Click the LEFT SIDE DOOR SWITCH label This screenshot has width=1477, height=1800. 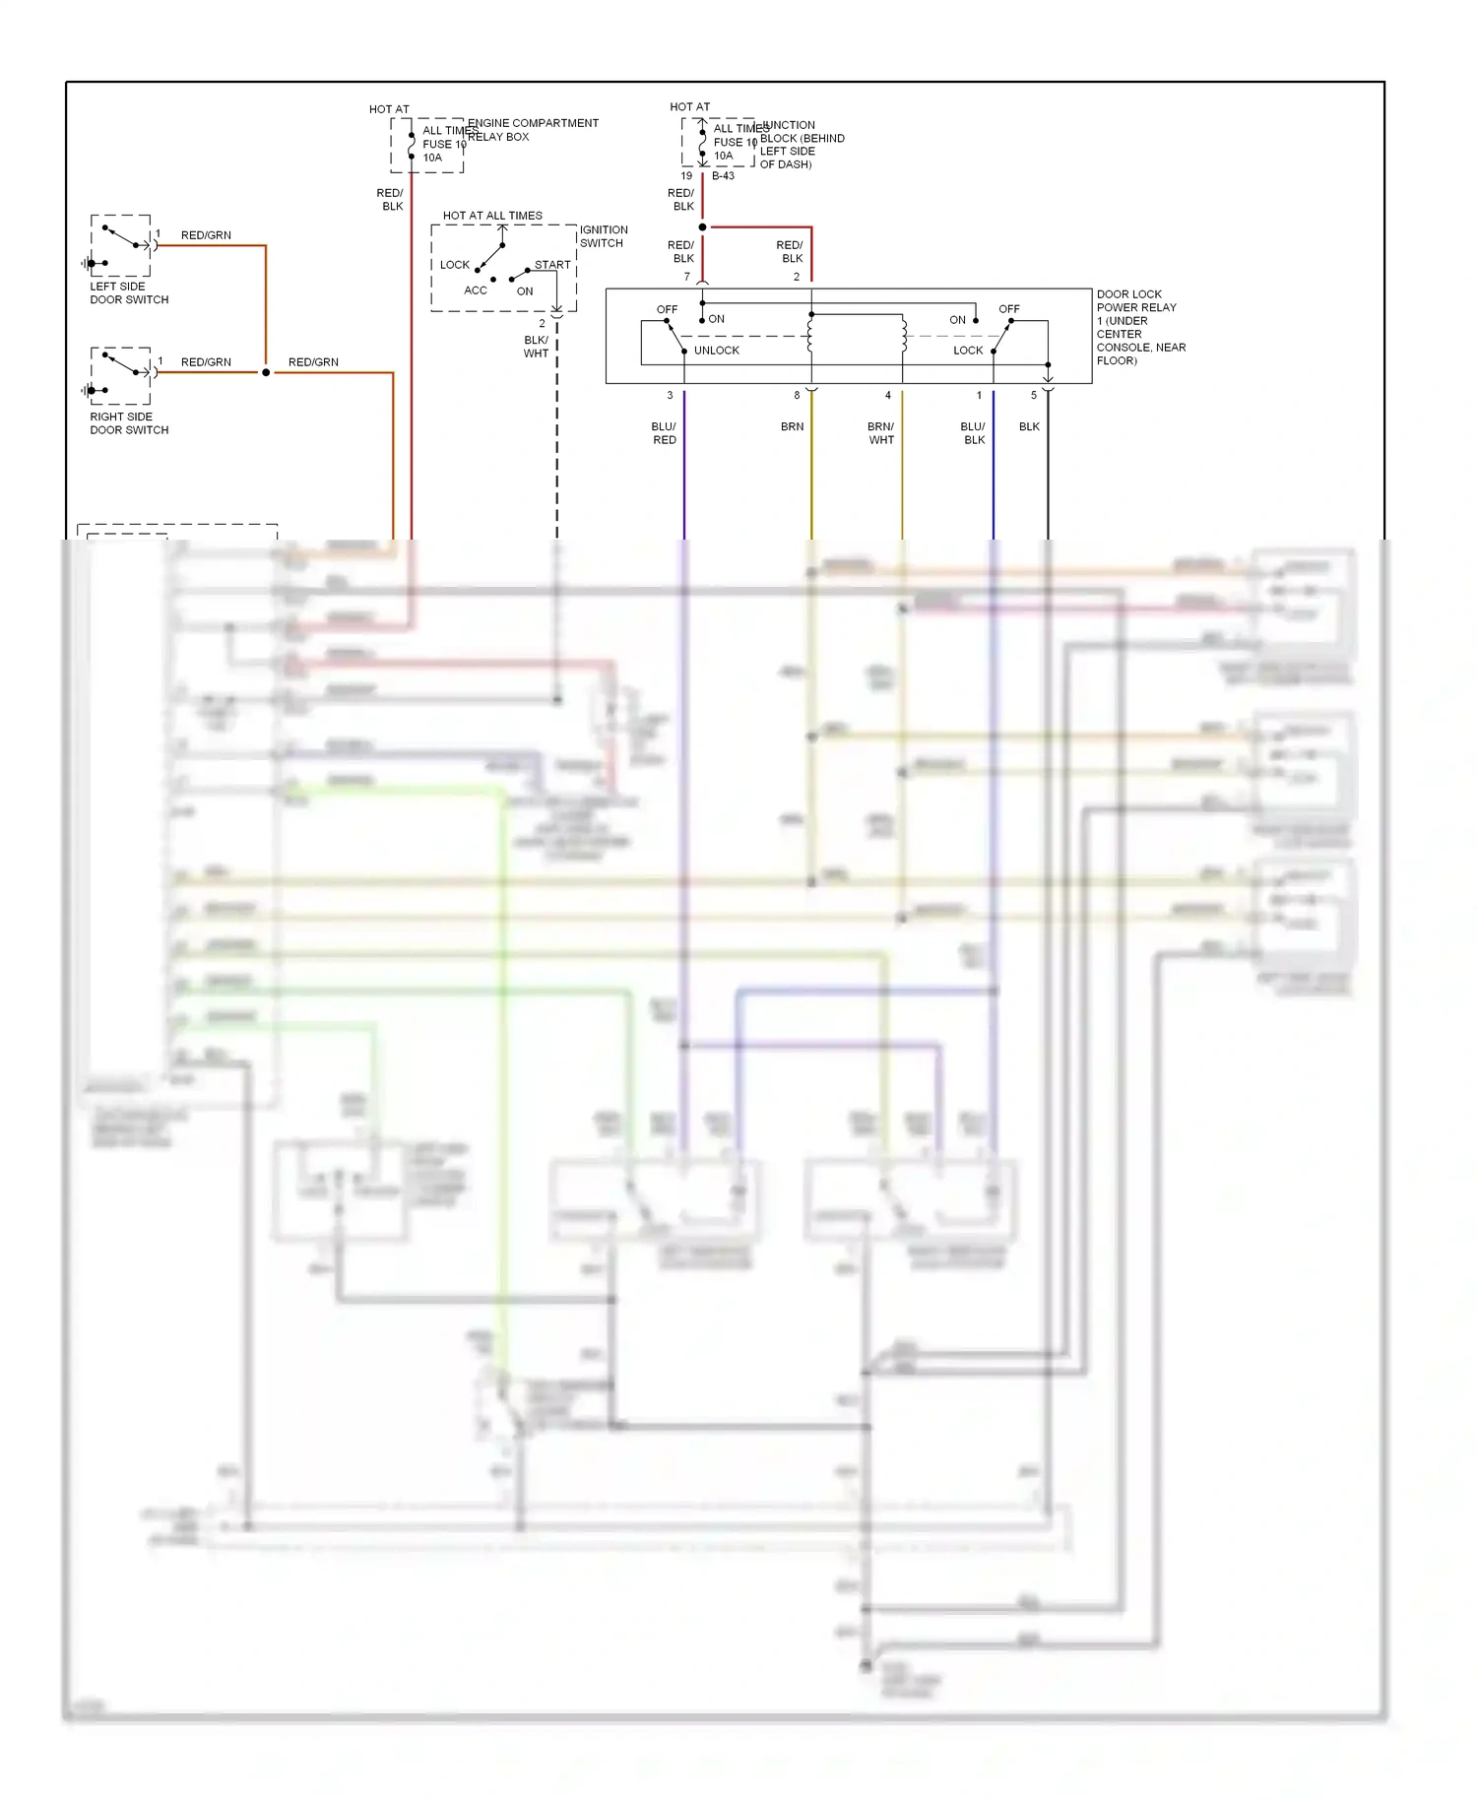click(129, 292)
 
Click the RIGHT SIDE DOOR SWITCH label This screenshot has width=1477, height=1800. click(129, 422)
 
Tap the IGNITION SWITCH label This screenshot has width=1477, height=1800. click(603, 236)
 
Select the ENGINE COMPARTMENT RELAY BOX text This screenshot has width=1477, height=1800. click(532, 130)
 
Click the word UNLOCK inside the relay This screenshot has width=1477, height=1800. click(716, 351)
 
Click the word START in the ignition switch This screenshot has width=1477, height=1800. click(552, 265)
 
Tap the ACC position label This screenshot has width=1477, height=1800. click(476, 290)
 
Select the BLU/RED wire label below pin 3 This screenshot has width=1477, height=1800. click(664, 433)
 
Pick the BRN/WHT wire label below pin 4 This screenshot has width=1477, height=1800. click(881, 433)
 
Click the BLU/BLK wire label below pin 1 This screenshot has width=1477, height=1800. click(973, 433)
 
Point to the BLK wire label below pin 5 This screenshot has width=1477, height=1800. click(1029, 426)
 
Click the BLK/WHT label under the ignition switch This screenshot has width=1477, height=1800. click(536, 347)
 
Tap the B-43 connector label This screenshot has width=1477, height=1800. click(723, 176)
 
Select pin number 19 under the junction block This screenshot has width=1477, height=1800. click(686, 176)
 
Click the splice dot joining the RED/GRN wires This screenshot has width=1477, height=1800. click(266, 372)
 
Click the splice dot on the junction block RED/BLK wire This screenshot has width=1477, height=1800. click(702, 227)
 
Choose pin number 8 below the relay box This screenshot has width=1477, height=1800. click(797, 395)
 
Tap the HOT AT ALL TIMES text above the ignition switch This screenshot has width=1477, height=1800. click(492, 216)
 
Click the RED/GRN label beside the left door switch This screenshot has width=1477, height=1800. click(206, 235)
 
